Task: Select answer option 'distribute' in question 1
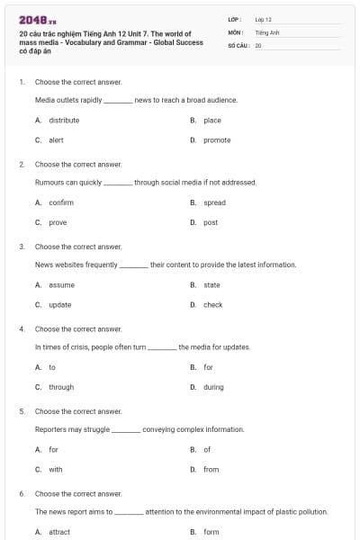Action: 64,120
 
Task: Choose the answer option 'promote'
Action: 217,139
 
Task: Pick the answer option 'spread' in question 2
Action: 214,202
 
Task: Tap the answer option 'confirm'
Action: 61,202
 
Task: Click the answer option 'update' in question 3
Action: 60,305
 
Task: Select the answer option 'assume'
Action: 61,285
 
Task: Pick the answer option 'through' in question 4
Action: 61,387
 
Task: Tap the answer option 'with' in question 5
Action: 56,469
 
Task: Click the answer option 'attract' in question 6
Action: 59,532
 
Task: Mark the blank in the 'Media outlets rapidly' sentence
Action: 118,101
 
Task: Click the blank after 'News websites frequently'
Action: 134,265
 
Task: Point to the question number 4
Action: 22,328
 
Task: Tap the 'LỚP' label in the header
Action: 235,18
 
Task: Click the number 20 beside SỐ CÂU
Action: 258,44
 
